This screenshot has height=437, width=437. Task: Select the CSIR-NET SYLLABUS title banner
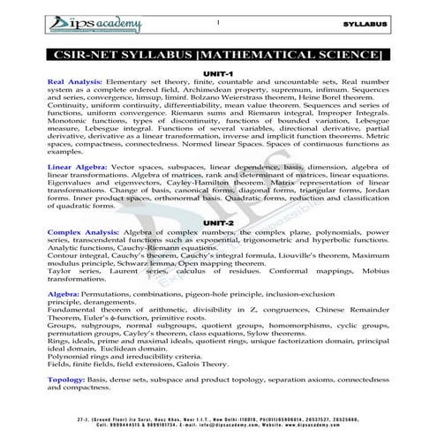217,56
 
